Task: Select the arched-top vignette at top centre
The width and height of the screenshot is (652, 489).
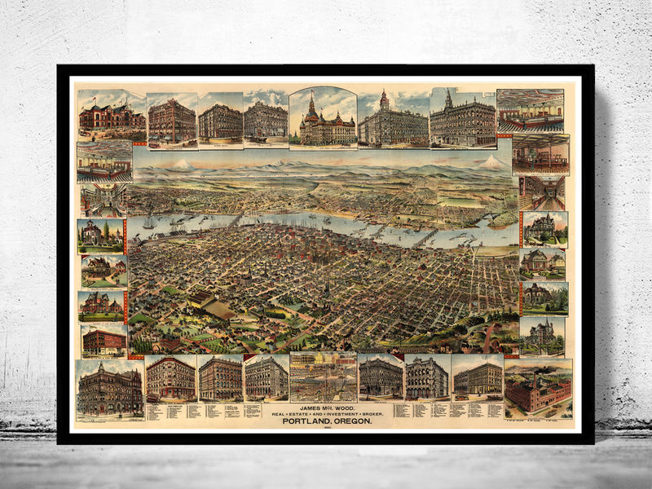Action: (323, 117)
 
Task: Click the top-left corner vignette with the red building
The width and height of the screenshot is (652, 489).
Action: (112, 114)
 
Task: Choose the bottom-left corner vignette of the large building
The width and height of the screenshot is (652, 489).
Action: (110, 390)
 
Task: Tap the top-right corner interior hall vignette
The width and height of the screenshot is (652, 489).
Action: (530, 110)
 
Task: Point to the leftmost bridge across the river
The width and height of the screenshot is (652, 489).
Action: (236, 218)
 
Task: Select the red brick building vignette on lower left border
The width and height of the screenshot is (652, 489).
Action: (104, 341)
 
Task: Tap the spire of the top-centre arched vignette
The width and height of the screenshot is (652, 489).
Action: (311, 99)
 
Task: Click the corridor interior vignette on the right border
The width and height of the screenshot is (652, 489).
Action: (543, 192)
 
